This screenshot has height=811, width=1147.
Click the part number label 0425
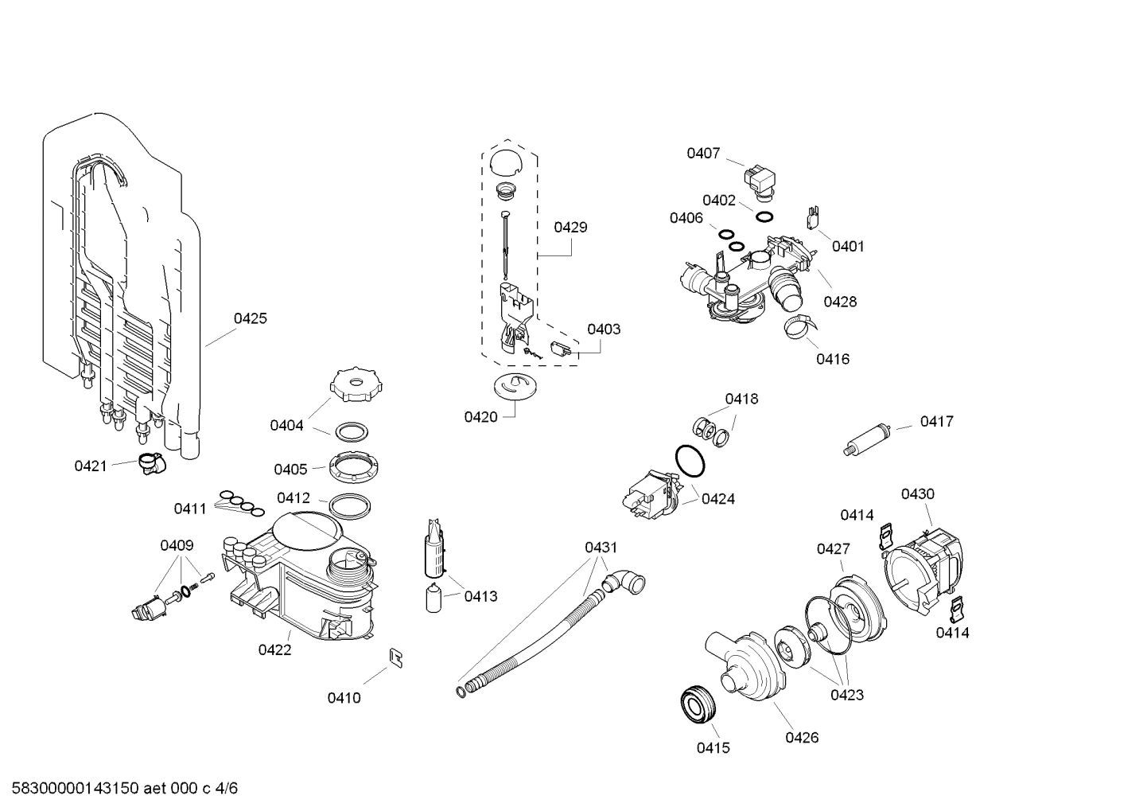click(x=250, y=318)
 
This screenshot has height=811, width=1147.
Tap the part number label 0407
click(x=703, y=153)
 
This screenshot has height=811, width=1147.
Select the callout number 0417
click(x=936, y=422)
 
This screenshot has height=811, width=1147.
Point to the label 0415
click(x=713, y=747)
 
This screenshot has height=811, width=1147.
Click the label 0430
click(x=917, y=494)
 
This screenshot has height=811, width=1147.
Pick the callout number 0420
click(x=480, y=417)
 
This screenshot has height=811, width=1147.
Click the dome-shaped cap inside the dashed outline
click(x=504, y=162)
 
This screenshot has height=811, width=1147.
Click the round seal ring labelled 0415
click(x=698, y=704)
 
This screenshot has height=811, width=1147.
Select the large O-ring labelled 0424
click(x=690, y=461)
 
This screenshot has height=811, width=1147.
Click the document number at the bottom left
click(x=119, y=789)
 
